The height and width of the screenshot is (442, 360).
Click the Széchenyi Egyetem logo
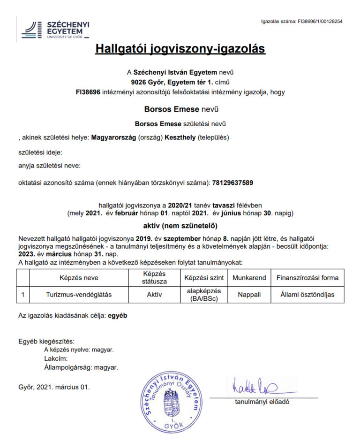pyautogui.click(x=55, y=30)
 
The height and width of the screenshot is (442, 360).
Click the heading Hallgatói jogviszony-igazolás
pyautogui.click(x=180, y=49)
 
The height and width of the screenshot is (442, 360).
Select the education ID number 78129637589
pyautogui.click(x=232, y=183)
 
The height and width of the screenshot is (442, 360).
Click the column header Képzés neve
pyautogui.click(x=79, y=277)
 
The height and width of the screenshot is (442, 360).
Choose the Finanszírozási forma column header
pyautogui.click(x=307, y=277)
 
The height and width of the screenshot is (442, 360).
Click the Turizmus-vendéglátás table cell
pyautogui.click(x=79, y=294)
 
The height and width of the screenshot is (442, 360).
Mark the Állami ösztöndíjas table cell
pyautogui.click(x=307, y=294)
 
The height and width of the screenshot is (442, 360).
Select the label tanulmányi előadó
pyautogui.click(x=262, y=402)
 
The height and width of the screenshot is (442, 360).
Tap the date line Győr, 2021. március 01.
pyautogui.click(x=53, y=387)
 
